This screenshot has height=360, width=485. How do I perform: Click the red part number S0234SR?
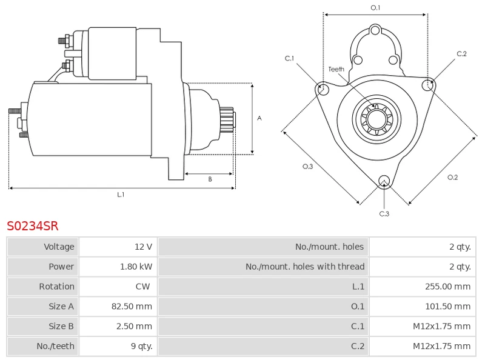pos(33,226)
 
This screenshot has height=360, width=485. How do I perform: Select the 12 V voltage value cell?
pos(143,247)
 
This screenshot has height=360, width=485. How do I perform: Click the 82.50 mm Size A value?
pos(132,306)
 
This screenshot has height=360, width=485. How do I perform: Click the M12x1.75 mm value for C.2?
pos(441,346)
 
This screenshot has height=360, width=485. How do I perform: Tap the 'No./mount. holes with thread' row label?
pos(305,267)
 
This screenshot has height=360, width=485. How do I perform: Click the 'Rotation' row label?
pos(56,287)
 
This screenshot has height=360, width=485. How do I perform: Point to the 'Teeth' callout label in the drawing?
pos(336,69)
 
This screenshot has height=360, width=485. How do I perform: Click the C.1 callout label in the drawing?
pos(290,58)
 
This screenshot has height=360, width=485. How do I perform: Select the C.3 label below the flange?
pos(384,213)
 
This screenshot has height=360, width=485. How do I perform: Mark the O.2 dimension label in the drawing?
pos(452,177)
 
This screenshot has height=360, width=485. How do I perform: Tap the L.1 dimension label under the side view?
pos(121,195)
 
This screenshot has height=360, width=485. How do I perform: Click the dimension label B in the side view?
pos(210,179)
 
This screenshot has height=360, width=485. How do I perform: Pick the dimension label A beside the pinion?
pos(259,118)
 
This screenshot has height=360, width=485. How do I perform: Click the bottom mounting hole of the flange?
pos(383,181)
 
